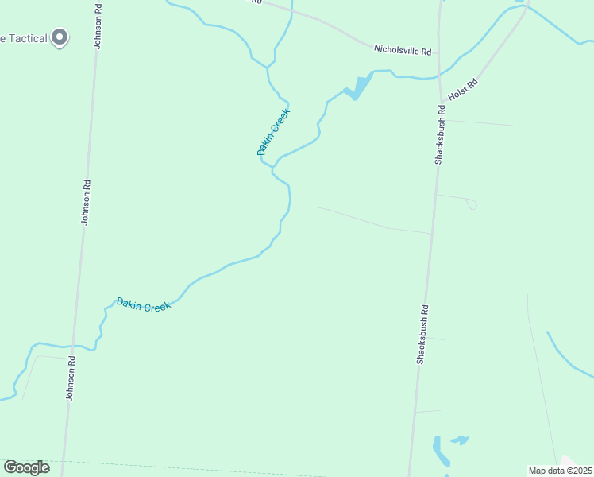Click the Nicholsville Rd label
point(403,50)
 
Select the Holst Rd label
point(463,88)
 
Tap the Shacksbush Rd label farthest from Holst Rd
point(422,335)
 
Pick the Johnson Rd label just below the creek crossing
point(71,378)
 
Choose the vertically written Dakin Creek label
point(273,131)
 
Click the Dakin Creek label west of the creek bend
point(143,304)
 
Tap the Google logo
point(26,467)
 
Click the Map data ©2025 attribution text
point(560,471)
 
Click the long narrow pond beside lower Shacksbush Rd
point(440,451)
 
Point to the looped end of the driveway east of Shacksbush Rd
point(472,205)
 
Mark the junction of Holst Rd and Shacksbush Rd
point(439,103)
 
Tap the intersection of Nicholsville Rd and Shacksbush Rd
point(441,55)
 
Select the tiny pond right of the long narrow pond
point(460,440)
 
